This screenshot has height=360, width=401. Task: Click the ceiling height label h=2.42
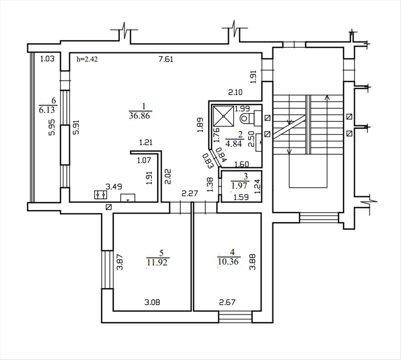pos(87,59)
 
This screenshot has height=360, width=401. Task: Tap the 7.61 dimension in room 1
pos(166,59)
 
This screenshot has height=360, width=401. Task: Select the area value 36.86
pos(139,116)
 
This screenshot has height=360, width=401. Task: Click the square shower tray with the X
pos(223,116)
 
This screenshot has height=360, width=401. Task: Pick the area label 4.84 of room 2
pos(233,143)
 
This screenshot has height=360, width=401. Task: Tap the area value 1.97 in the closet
pos(240,185)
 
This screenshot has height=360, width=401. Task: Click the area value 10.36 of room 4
pos(228,261)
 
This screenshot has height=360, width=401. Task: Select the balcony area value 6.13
pos(47,110)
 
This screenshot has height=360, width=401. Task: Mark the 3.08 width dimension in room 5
pos(152,302)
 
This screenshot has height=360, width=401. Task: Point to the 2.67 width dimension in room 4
pos(227,302)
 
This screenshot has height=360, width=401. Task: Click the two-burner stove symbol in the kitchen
pos(101,195)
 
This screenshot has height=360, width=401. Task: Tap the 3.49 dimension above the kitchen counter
pos(114,187)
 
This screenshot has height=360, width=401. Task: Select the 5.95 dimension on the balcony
pos(52,128)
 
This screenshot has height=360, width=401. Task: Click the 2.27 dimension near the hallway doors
pos(189,193)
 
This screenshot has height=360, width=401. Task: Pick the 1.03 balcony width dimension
pos(47,59)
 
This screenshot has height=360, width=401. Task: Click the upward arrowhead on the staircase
pos(326,97)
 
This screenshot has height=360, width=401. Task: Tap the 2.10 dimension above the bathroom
pos(235,92)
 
